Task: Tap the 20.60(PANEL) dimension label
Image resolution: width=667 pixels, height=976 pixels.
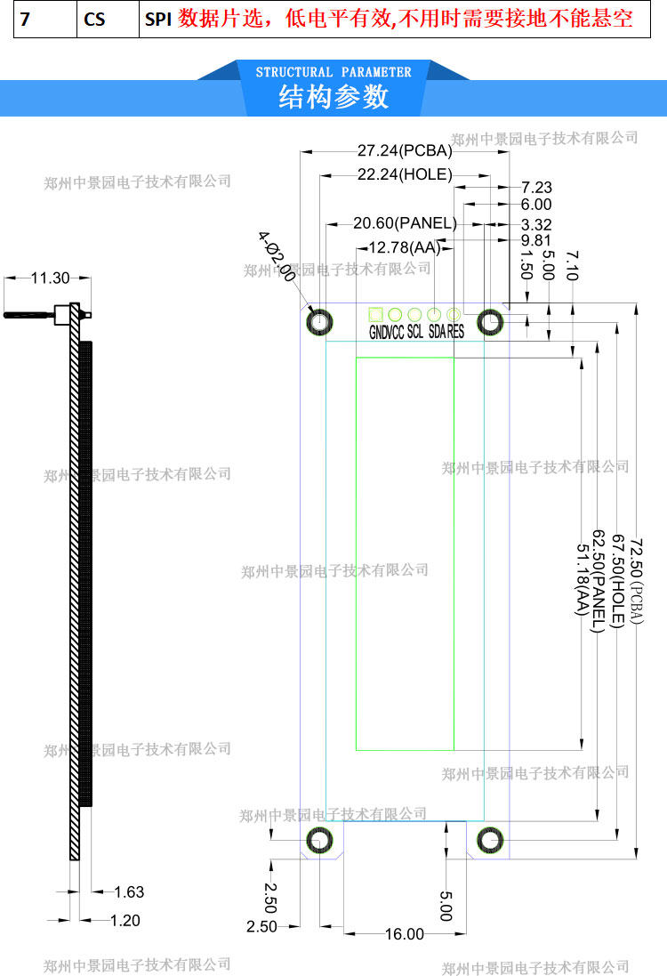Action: (405, 222)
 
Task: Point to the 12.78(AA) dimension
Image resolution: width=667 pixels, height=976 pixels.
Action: (405, 247)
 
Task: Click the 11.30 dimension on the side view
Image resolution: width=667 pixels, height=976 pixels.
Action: (50, 278)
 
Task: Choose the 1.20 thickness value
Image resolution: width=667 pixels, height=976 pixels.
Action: (125, 921)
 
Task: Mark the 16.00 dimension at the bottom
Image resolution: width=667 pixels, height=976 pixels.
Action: (405, 933)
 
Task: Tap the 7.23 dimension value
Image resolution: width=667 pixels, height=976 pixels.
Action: (536, 187)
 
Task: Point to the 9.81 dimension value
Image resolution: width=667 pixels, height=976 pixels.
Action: (536, 240)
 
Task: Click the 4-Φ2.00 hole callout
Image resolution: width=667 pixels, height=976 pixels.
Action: (277, 256)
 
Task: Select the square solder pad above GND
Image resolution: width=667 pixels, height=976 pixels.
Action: (375, 314)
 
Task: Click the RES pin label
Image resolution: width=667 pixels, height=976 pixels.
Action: (455, 333)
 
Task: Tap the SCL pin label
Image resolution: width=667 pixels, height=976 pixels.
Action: (415, 333)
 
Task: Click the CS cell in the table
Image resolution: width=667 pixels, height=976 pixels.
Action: (93, 20)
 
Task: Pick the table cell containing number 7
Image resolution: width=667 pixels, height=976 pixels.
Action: (26, 20)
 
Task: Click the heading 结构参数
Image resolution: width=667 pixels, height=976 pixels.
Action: (333, 96)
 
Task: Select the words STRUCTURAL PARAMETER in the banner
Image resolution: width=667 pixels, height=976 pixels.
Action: (333, 72)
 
